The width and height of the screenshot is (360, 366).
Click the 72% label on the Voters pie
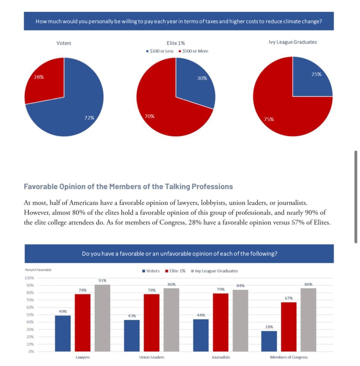(89, 118)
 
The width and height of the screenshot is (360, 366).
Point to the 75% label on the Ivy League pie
(269, 119)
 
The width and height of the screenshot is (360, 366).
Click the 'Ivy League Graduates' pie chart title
(293, 42)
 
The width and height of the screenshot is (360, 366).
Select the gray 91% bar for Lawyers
(102, 318)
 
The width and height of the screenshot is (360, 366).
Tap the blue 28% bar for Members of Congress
(269, 341)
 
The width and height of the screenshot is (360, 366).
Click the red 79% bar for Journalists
(221, 323)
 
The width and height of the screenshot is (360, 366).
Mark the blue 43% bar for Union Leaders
(132, 336)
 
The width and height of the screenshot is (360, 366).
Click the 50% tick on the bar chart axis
(30, 315)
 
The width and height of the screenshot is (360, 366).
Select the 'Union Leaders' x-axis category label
(151, 357)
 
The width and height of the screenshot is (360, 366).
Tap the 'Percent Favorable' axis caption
(38, 270)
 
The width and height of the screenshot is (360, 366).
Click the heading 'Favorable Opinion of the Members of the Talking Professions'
(128, 187)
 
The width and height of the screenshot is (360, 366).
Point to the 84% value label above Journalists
(240, 286)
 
